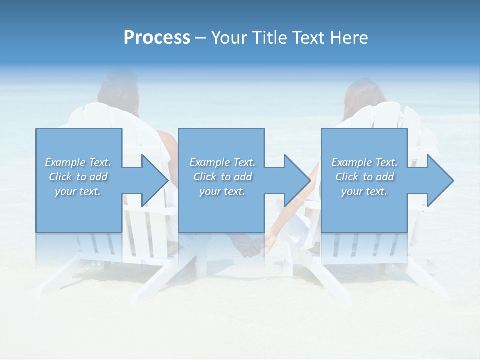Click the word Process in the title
tap(157, 38)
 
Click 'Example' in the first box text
tap(65, 162)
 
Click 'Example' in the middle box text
tap(209, 162)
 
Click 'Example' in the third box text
tap(351, 162)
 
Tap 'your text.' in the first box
tap(78, 191)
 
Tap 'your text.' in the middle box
tap(222, 191)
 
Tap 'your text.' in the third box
tap(364, 191)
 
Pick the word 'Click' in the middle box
tap(205, 177)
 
